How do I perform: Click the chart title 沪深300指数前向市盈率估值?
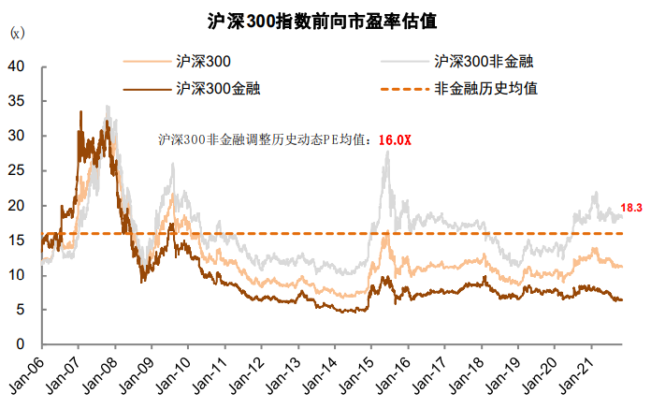coord(326,19)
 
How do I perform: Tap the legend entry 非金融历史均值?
coord(485,89)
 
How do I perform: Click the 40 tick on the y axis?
coord(16,66)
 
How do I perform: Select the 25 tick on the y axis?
coord(16,170)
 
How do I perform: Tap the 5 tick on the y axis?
coord(20,310)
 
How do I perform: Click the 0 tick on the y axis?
coord(20,344)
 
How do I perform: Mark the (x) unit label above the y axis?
coord(16,34)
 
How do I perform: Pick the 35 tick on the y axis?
coord(16,101)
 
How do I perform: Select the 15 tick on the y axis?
coord(16,240)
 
